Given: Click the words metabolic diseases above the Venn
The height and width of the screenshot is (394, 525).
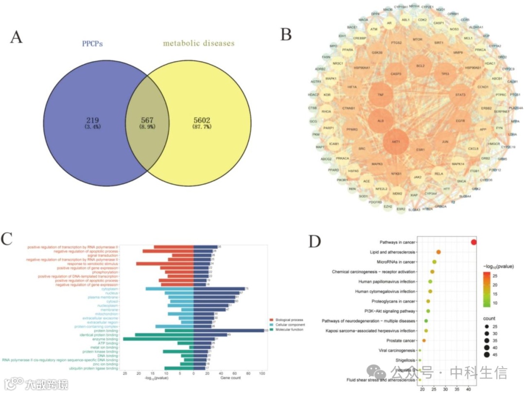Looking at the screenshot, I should [198, 43].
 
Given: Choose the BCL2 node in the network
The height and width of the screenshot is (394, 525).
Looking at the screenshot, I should [420, 65].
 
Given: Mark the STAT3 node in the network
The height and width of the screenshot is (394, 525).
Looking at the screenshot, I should [460, 94].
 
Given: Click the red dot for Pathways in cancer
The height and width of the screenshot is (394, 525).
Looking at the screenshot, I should [474, 242].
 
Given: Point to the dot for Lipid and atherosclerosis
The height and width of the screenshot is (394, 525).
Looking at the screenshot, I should [438, 252].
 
